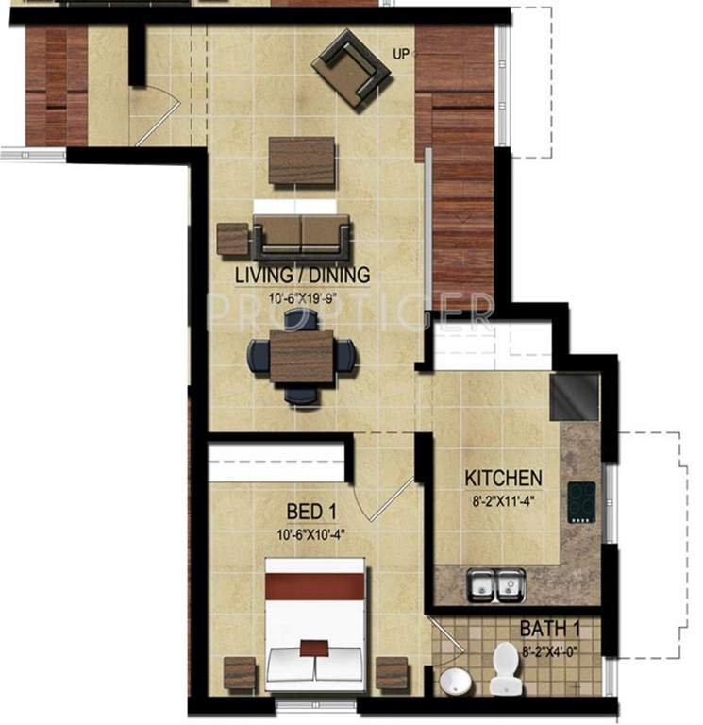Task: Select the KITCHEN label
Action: tap(502, 478)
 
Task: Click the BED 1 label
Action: tap(311, 512)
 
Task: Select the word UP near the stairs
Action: tap(402, 54)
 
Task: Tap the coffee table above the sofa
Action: tap(301, 161)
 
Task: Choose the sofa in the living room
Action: tap(301, 236)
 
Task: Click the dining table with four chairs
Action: tap(302, 357)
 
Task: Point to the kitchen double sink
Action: tap(496, 585)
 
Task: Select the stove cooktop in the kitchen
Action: tap(581, 502)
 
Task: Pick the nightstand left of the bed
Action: tap(240, 674)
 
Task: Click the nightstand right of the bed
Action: tap(391, 674)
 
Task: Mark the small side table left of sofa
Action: tap(231, 240)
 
